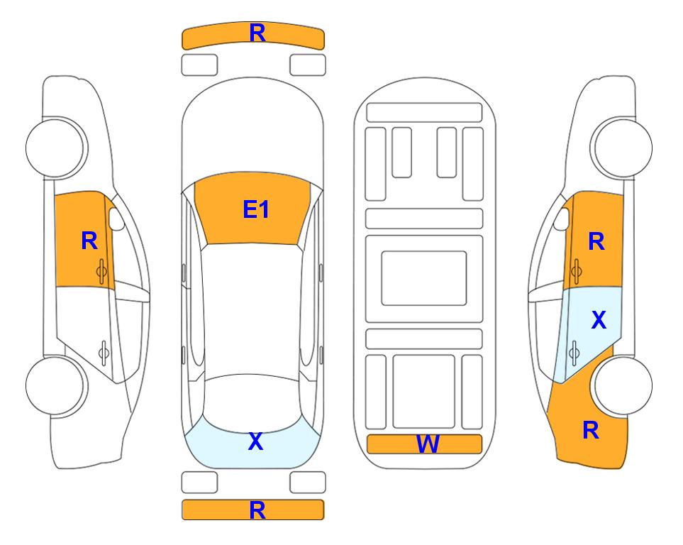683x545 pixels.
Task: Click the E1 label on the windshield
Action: pos(256,209)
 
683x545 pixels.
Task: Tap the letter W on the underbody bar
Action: pos(427,444)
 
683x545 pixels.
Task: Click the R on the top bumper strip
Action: pos(257,33)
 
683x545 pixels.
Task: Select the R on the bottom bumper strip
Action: pos(257,510)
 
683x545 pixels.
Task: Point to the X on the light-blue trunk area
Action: pos(256,441)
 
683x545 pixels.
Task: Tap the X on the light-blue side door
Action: pos(599,320)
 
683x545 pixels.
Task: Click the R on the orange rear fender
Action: pos(591,430)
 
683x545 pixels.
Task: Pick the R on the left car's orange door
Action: pos(89,241)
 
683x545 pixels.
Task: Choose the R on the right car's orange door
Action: pos(596,241)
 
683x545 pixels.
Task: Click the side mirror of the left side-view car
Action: pos(116,219)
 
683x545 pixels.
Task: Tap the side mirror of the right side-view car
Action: pos(562,219)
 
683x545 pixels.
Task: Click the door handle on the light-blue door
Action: pos(574,353)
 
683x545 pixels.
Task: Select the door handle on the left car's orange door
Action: pos(102,271)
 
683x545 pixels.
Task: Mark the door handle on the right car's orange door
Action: pos(576,271)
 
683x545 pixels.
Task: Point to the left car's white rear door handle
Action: pos(104,353)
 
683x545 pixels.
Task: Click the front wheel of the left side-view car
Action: pos(57,148)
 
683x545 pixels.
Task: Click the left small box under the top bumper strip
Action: pos(199,65)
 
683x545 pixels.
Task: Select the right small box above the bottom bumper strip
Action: pos(308,483)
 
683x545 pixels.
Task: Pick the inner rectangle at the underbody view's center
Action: pos(424,278)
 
